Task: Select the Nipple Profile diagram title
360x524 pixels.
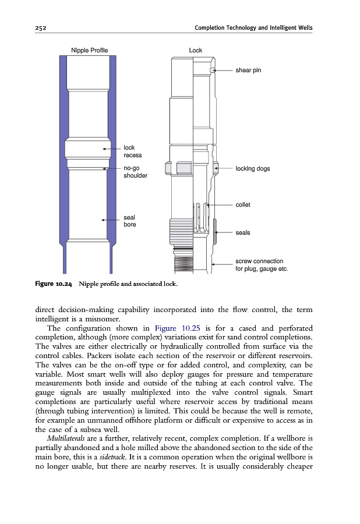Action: click(x=89, y=50)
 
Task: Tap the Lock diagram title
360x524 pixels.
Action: click(x=196, y=50)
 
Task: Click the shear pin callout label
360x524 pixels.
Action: click(x=248, y=70)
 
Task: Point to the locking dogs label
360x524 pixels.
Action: click(x=253, y=168)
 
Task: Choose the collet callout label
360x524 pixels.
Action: click(x=243, y=204)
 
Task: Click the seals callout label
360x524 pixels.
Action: click(x=243, y=232)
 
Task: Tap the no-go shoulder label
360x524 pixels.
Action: click(x=135, y=172)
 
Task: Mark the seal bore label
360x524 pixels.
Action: click(x=130, y=221)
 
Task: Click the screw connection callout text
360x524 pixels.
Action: click(x=262, y=265)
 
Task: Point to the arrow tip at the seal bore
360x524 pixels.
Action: click(x=103, y=220)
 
